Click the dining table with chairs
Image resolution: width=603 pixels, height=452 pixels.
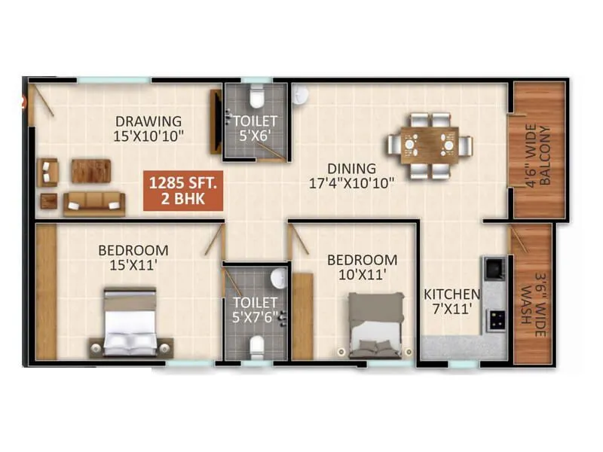coord(429,145)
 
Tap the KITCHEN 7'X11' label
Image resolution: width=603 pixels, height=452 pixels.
coord(451,301)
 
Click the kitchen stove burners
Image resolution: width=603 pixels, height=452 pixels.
coord(495,319)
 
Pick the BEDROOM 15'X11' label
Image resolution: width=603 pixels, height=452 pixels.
coord(133,257)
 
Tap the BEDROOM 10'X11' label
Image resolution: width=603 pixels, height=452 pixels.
coord(361,267)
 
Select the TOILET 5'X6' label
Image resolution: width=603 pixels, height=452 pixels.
coord(255,127)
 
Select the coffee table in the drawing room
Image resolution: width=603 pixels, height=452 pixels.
coord(91,171)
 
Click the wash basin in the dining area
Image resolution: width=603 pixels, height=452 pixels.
coord(301,93)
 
